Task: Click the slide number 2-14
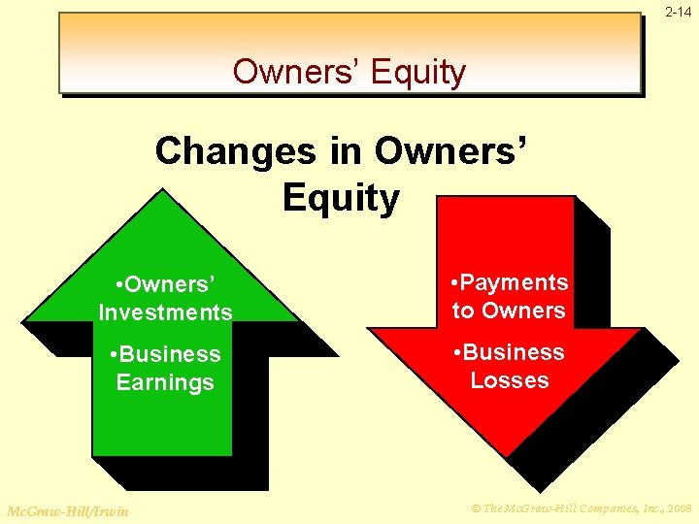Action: (679, 12)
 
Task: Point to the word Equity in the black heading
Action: (341, 198)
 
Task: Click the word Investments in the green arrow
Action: (165, 312)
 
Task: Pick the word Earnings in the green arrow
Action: (165, 382)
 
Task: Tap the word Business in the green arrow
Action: (172, 354)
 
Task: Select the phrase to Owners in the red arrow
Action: (509, 311)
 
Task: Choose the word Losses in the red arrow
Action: (510, 380)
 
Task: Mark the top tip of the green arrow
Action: (162, 190)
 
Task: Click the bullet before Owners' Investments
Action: (117, 285)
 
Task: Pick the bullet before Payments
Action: (456, 283)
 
